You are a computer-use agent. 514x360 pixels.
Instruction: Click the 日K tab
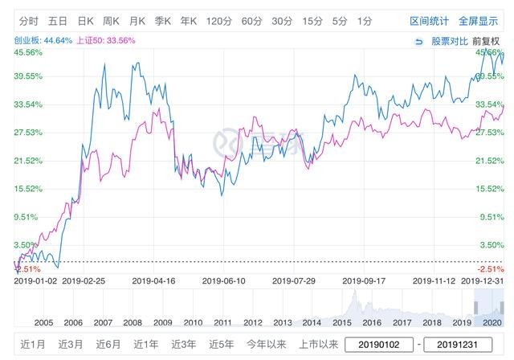[x=86, y=21]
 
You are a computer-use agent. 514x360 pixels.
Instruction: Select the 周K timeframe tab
[x=111, y=21]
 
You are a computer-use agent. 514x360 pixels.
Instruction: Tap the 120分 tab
[x=218, y=21]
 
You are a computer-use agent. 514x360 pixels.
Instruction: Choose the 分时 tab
[x=29, y=21]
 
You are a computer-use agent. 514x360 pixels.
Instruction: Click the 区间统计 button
[x=429, y=21]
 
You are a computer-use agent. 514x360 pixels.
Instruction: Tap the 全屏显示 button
[x=479, y=21]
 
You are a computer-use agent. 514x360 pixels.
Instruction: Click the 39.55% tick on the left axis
[x=27, y=76]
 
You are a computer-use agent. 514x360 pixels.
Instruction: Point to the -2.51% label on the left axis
[x=26, y=269]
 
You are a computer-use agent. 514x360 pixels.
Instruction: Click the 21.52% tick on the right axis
[x=489, y=161]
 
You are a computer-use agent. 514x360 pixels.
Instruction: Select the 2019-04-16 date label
[x=153, y=281]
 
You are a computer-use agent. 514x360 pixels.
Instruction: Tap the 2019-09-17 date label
[x=363, y=281]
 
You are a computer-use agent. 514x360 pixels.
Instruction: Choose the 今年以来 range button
[x=265, y=345]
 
